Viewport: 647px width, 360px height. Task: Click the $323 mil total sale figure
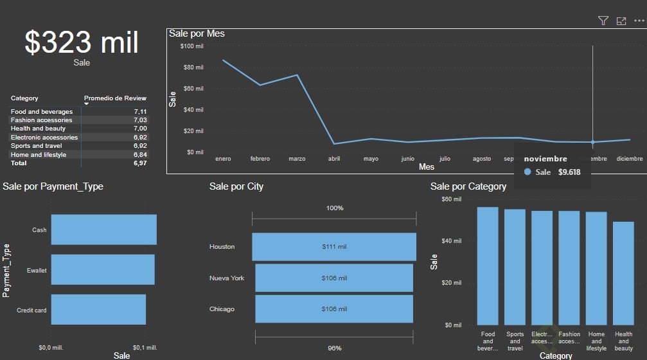(82, 42)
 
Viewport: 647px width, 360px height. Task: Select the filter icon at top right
(603, 21)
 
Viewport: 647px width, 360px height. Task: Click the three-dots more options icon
(639, 21)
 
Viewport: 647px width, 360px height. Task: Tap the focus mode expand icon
(621, 21)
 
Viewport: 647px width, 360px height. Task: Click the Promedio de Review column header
(115, 98)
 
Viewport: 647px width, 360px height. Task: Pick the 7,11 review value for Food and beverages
(140, 112)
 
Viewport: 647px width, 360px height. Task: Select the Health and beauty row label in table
(38, 129)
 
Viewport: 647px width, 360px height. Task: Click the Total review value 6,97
(140, 163)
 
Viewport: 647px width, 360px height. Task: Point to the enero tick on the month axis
(223, 159)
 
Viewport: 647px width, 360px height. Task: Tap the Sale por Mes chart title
(197, 33)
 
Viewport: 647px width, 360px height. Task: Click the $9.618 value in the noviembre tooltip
(569, 172)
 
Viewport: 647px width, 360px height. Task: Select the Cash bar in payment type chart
(103, 230)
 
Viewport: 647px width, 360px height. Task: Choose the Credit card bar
(98, 309)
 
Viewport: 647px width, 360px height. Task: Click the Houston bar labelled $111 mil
(334, 247)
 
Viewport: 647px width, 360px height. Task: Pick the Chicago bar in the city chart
(334, 309)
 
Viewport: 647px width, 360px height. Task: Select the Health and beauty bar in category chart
(623, 273)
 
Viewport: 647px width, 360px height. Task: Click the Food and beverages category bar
(488, 265)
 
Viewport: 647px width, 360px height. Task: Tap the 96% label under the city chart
(335, 348)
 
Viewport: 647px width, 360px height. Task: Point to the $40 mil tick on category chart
(452, 241)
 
